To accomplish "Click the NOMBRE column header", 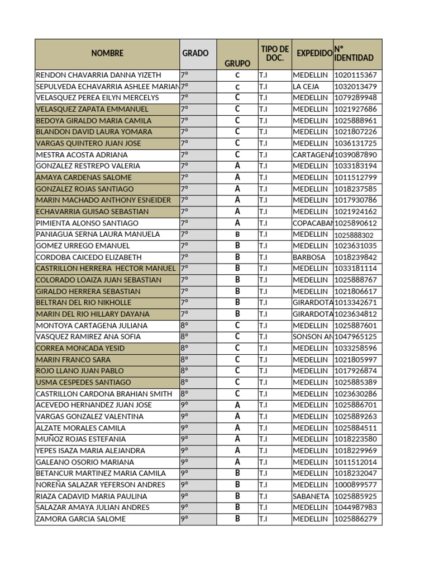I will coord(107,54).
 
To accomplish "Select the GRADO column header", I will coord(195,54).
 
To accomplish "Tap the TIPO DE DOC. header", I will coord(275,54).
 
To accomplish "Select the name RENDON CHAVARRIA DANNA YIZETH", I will coord(98,75).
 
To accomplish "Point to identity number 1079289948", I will coord(355,98).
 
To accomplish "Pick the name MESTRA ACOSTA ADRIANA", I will coord(82,155).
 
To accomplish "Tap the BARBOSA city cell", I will coord(308,257).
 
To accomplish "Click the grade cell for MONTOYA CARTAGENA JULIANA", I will coord(185,326).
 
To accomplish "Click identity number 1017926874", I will coord(355,371).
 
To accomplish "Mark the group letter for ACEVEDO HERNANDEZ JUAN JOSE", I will coord(237,405).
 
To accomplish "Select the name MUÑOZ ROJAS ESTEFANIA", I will coord(81,439).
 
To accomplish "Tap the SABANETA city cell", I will coord(311,496).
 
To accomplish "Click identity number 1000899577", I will coord(355,485).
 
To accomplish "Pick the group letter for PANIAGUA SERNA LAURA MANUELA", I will coord(237,234).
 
